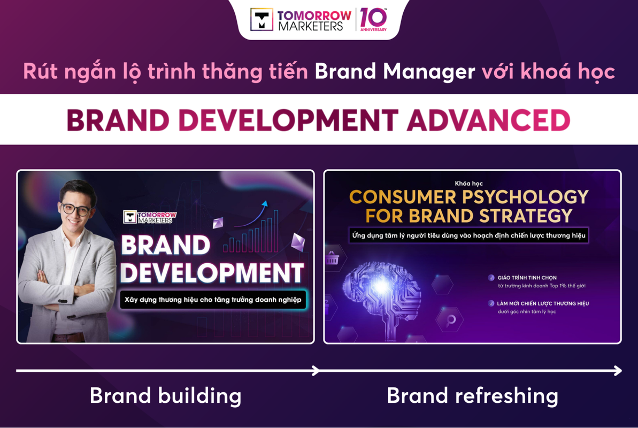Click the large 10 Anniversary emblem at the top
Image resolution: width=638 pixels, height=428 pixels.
pos(373,20)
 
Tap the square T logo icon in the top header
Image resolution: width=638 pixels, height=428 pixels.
pos(262,20)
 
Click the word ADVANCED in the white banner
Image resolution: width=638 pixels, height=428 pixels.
pos(489,120)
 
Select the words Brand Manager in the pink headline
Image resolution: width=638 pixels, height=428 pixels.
pos(395,72)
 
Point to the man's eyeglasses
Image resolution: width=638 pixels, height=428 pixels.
pos(76,209)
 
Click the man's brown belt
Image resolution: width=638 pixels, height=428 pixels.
pos(69,337)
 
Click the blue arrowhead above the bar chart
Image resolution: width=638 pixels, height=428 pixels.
pos(265,204)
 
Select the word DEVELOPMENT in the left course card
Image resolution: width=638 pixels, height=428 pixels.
pos(212,272)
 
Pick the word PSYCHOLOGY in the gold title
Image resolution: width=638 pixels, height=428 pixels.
pos(525,197)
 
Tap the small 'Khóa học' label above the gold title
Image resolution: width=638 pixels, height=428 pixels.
pos(468,184)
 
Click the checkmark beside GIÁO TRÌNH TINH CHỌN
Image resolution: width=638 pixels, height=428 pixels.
pos(491,278)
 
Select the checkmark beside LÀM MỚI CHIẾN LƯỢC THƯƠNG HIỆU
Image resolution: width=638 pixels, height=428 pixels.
pos(491,303)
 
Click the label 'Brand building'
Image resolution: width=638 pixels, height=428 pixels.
pos(166,396)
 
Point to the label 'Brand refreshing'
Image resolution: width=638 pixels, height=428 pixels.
pos(472,396)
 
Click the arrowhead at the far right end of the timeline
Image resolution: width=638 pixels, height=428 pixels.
pos(618,371)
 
